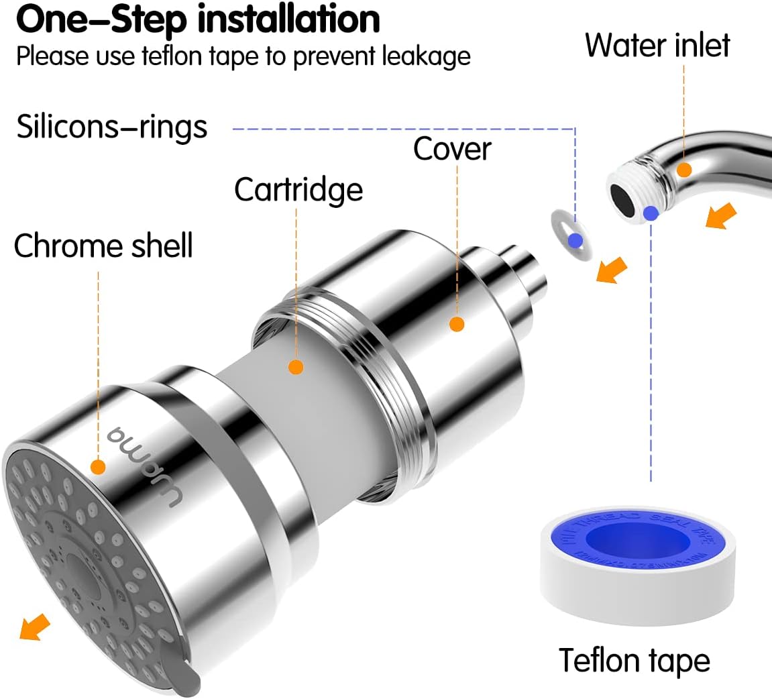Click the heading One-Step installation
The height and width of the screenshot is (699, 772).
[198, 20]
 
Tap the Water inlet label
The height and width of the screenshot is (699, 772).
[657, 45]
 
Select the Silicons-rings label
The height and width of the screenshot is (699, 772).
[112, 127]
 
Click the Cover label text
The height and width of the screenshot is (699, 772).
[452, 149]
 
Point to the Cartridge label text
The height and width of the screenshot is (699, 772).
[298, 190]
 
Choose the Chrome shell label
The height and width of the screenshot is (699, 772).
[103, 246]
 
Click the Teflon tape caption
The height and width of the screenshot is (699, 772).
[634, 660]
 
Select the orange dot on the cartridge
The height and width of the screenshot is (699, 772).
[296, 367]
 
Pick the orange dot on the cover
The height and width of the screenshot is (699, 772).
[457, 324]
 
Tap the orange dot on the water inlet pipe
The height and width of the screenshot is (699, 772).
[683, 170]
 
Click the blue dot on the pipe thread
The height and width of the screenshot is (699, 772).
[650, 214]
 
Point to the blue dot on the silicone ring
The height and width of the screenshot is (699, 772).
[575, 241]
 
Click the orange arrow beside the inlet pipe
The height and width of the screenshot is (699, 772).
[721, 217]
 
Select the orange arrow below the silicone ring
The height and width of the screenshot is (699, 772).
[612, 270]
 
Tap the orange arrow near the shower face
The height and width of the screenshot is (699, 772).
[35, 627]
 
